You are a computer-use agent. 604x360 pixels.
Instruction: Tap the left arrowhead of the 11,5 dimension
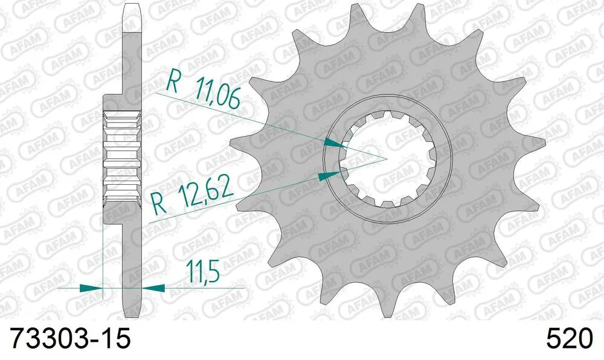91,288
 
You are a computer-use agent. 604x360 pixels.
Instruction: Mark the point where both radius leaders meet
386,159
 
